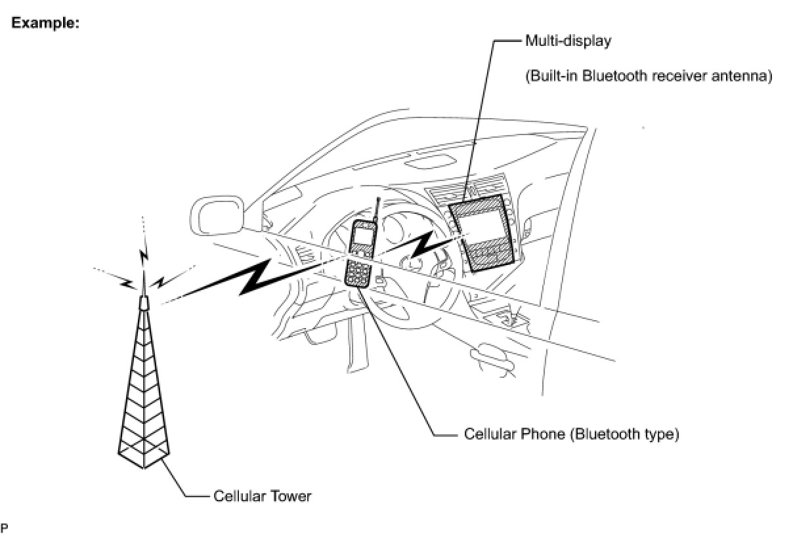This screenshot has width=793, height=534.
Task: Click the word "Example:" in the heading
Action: tap(45, 22)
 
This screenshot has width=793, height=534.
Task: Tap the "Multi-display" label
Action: tap(568, 41)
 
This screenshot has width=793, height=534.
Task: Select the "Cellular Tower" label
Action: tap(262, 496)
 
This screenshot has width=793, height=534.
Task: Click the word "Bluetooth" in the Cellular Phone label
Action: tap(605, 434)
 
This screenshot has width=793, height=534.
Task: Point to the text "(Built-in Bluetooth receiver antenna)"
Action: tap(648, 76)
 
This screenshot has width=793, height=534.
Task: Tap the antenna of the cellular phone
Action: tap(377, 210)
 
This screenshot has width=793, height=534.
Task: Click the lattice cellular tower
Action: tap(144, 400)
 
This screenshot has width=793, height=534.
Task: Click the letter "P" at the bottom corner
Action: tap(5, 527)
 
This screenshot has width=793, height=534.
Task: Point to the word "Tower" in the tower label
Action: tap(291, 496)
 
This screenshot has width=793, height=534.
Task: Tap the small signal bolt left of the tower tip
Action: tap(126, 283)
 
